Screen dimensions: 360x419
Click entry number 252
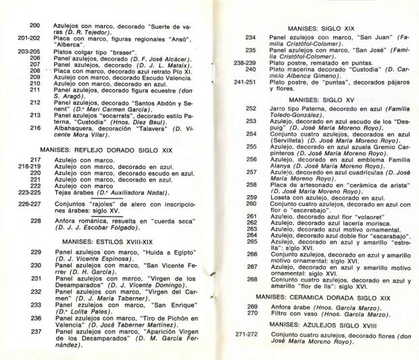tap(251, 108)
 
